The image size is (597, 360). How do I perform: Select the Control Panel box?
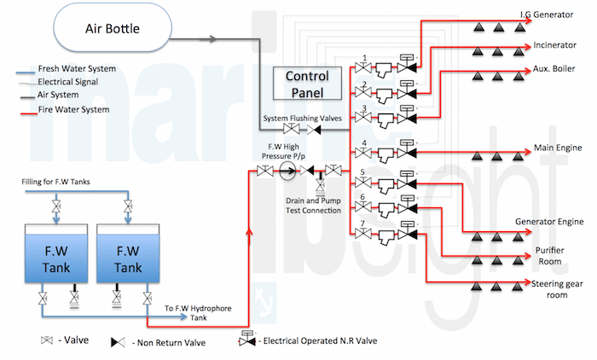pyautogui.click(x=307, y=83)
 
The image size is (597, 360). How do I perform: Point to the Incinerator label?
pyautogui.click(x=556, y=44)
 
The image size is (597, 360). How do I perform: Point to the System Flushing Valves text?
pyautogui.click(x=299, y=118)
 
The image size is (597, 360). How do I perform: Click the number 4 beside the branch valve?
pyautogui.click(x=364, y=143)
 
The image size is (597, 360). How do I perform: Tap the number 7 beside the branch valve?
pyautogui.click(x=364, y=224)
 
